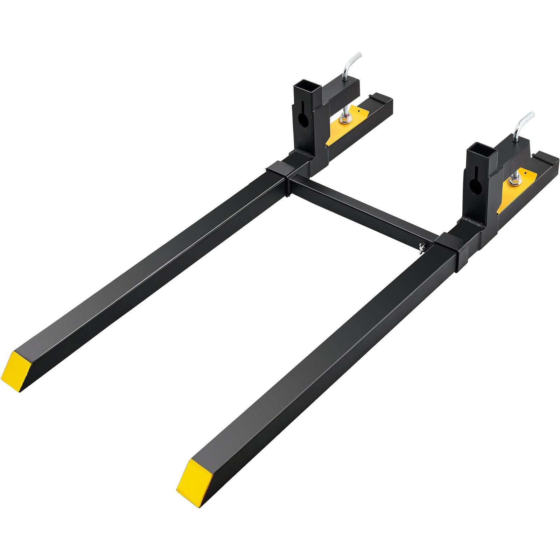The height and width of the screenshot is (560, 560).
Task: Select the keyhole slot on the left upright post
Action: tap(303, 117)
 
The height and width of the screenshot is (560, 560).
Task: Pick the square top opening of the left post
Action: tap(308, 86)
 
